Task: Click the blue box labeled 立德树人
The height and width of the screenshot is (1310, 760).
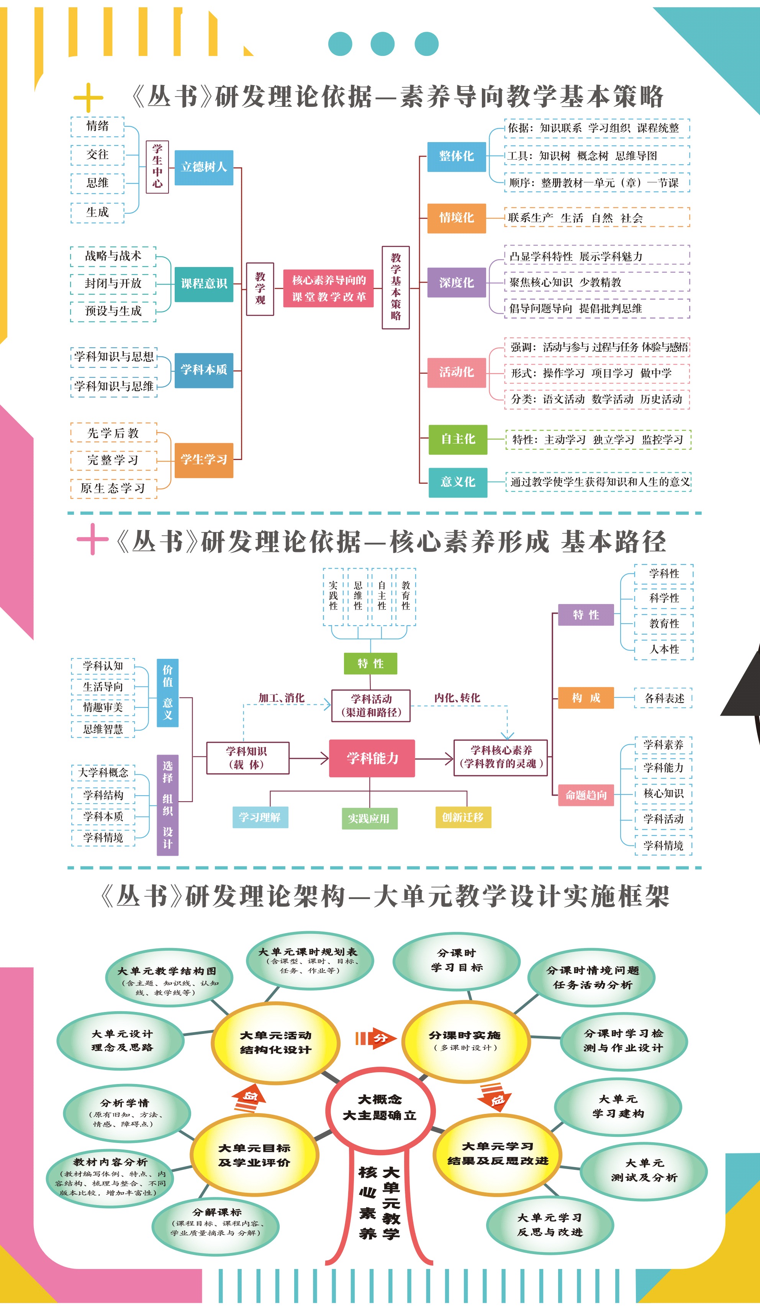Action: (204, 167)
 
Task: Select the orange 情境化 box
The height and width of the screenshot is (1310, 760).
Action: (456, 218)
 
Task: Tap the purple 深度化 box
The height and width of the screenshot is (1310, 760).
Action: (456, 283)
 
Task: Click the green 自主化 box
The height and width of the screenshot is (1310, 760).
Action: (457, 439)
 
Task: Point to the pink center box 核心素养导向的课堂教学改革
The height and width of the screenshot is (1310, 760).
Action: (329, 288)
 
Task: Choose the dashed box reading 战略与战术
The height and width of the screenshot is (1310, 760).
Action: (113, 256)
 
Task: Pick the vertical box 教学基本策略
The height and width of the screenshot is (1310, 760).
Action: (396, 287)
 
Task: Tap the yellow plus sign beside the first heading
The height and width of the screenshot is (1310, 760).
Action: (88, 97)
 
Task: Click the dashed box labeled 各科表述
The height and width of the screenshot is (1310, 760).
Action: (664, 699)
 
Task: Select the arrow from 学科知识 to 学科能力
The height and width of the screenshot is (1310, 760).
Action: (309, 758)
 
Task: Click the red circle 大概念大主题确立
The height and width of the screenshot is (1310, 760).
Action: (380, 1107)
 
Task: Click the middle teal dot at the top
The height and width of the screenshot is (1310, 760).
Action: (383, 44)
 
